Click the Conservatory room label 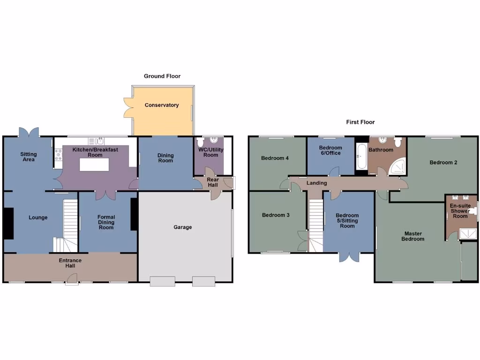pyautogui.click(x=162, y=105)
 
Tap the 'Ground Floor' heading pyautogui.click(x=162, y=76)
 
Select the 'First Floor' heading pyautogui.click(x=360, y=122)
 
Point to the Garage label pyautogui.click(x=183, y=227)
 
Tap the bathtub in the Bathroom pyautogui.click(x=361, y=157)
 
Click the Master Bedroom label pyautogui.click(x=413, y=236)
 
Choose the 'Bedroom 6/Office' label pyautogui.click(x=330, y=150)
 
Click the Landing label pyautogui.click(x=317, y=183)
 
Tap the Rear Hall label pyautogui.click(x=213, y=182)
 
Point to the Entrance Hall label pyautogui.click(x=70, y=263)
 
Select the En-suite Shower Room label pyautogui.click(x=460, y=211)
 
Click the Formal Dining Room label pyautogui.click(x=106, y=222)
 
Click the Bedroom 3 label pyautogui.click(x=275, y=215)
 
